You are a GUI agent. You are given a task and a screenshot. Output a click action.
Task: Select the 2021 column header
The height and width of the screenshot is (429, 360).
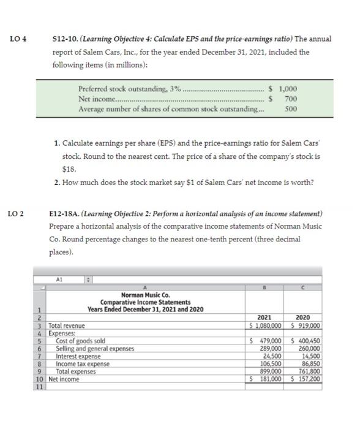265,317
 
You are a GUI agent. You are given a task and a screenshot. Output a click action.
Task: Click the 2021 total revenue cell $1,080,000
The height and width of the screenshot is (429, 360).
265,325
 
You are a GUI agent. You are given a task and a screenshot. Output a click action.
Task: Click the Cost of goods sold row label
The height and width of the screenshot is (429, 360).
80,341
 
